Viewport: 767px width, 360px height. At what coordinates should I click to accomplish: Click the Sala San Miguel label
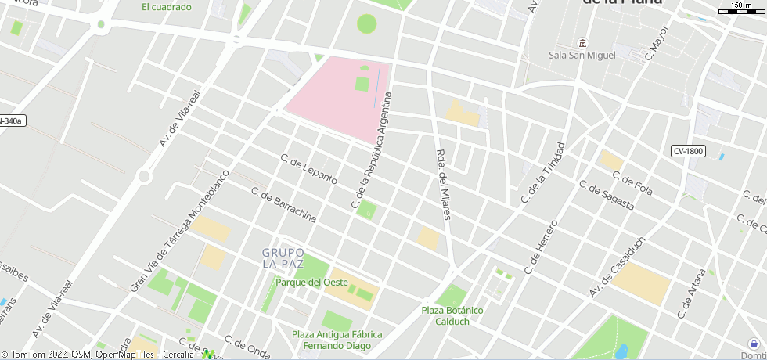tap(582, 55)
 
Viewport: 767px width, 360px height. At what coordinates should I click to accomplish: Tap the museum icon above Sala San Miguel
tap(582, 42)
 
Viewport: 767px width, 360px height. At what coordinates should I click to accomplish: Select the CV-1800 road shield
tap(688, 150)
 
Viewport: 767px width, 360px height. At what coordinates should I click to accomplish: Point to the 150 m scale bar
tap(736, 10)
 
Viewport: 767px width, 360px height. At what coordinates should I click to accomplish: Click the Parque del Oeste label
tap(311, 283)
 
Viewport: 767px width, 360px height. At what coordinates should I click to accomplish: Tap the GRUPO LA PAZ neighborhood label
tap(283, 259)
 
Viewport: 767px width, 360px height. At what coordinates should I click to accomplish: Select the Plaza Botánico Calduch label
tap(452, 315)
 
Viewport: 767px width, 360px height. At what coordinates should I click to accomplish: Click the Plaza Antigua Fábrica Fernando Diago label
tap(337, 340)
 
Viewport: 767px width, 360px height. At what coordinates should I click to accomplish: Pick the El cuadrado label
tap(167, 7)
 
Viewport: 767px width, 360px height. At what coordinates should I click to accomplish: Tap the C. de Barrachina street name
tap(283, 204)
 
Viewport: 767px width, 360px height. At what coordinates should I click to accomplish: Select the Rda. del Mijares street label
tap(443, 184)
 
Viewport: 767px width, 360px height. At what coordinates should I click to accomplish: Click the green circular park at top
tap(366, 23)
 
